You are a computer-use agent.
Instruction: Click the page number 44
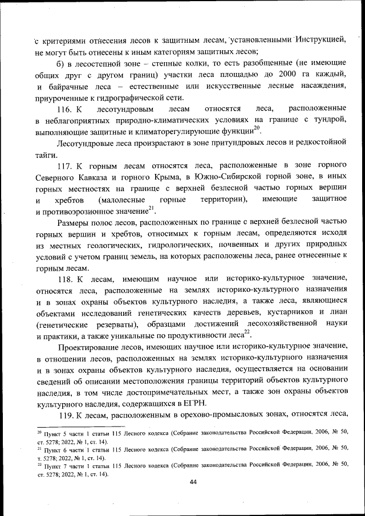[x=193, y=482]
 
